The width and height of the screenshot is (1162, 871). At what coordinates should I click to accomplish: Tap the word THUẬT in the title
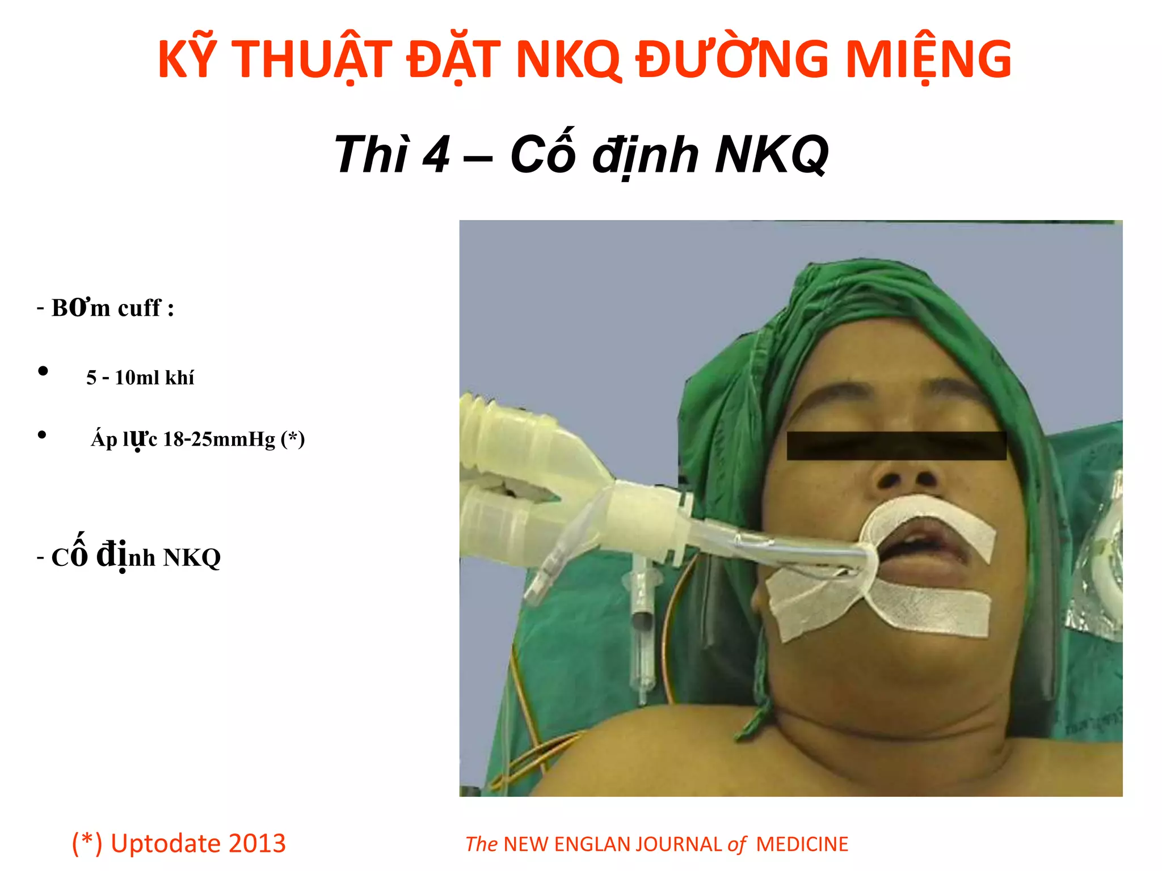click(313, 60)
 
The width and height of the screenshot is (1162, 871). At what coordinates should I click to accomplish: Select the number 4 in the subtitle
click(436, 155)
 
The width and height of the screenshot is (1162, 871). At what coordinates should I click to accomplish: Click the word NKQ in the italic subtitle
click(772, 155)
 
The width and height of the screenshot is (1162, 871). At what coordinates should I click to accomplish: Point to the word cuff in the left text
click(139, 308)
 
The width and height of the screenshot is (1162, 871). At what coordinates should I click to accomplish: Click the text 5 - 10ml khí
click(140, 378)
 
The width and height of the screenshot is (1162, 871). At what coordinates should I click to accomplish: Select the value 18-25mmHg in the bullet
click(219, 439)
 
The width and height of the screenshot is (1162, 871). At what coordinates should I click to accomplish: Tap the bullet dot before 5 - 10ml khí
click(43, 372)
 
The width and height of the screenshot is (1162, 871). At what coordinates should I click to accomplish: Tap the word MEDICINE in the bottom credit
click(802, 844)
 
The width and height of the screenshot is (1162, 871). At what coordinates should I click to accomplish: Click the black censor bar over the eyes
click(896, 446)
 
